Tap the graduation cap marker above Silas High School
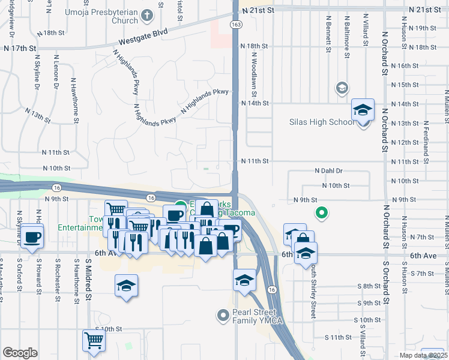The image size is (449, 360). pyautogui.click(x=363, y=111)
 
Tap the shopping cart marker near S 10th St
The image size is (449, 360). pyautogui.click(x=94, y=341)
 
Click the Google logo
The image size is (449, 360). pyautogui.click(x=20, y=353)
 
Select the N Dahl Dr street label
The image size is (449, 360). pyautogui.click(x=328, y=171)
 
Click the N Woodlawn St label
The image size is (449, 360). pyautogui.click(x=255, y=75)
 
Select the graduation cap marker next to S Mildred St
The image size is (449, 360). pyautogui.click(x=127, y=286)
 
